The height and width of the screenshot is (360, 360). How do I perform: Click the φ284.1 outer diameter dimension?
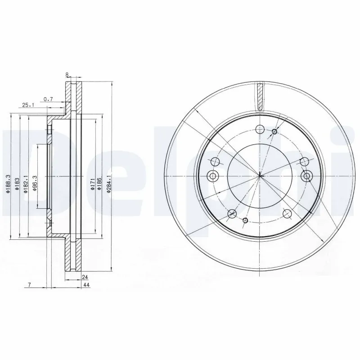point(109,184)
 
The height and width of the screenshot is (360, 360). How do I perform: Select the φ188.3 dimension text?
point(8,184)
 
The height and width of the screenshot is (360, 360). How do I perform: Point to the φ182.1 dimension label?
point(26,184)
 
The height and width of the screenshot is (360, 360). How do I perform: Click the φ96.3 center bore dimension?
point(35,184)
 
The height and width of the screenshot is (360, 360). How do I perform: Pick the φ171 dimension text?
point(92,184)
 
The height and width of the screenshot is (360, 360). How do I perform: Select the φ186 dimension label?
point(100,184)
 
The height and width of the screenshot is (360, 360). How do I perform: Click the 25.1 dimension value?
point(28,105)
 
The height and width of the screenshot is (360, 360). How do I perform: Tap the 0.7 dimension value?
point(48,99)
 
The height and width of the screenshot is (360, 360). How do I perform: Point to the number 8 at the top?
point(67,75)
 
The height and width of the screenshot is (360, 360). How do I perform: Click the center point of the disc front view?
point(260,175)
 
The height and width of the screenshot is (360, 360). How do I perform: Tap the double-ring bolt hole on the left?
point(213,175)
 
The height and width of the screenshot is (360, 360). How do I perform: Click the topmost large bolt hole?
point(259,130)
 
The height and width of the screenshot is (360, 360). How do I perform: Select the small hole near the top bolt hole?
point(274,131)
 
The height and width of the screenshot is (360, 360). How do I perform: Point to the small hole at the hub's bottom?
point(245,220)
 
